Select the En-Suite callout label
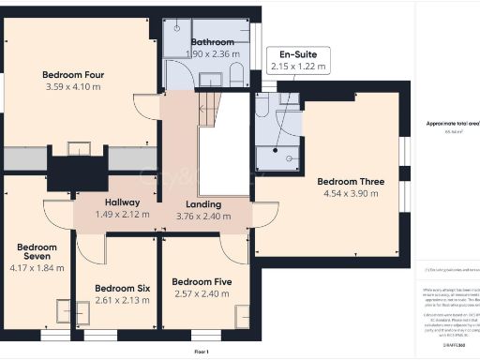[x=292, y=55]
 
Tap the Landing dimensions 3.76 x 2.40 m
[x=203, y=217]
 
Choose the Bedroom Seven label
[x=37, y=254]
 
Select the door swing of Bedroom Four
[x=147, y=106]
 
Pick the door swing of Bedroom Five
[x=232, y=247]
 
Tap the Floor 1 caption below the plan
[x=201, y=351]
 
